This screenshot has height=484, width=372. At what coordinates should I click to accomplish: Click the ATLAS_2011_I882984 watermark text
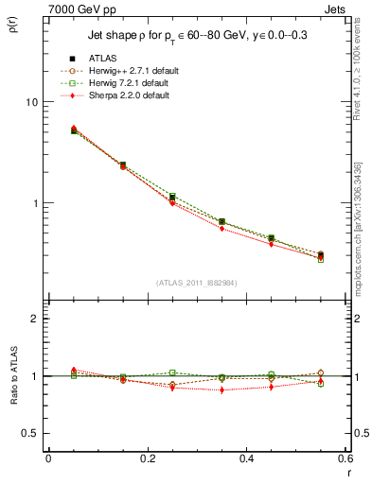197,283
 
